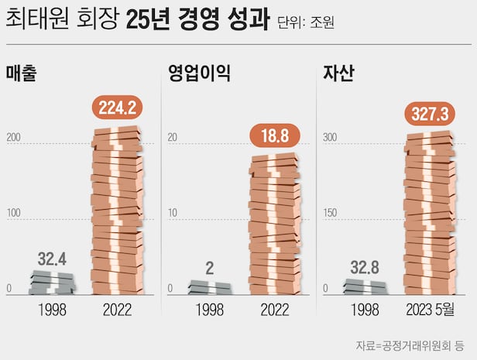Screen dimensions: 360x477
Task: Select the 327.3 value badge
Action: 431,115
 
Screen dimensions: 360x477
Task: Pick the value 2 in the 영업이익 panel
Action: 210,268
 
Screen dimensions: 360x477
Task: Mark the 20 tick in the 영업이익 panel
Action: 173,138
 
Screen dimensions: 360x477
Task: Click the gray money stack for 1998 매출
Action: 54,283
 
